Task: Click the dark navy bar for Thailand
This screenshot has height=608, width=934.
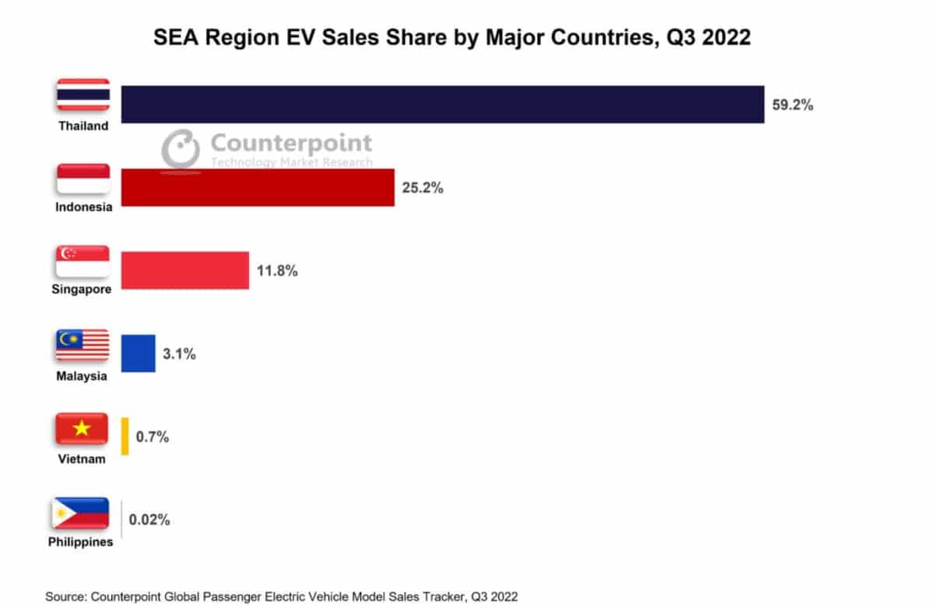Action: coord(442,104)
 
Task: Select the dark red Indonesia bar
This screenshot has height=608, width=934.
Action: coord(258,187)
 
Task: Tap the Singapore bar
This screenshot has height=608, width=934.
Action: coord(185,271)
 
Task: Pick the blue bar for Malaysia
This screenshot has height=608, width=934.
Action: coord(139,354)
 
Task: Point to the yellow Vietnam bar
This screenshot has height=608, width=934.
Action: coord(125,436)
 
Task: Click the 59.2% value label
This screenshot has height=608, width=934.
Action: coord(792,105)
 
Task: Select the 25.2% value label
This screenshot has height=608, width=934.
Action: coord(423,187)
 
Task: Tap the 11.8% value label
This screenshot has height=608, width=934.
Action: coord(277,271)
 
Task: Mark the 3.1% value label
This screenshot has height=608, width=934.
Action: coord(179,355)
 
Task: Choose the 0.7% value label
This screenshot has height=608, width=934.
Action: coord(153,437)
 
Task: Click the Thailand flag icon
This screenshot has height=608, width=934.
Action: coord(83,97)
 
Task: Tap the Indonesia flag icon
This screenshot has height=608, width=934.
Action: coord(83,180)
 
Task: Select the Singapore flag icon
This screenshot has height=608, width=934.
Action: coord(83,263)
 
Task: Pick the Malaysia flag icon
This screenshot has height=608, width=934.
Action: coord(83,346)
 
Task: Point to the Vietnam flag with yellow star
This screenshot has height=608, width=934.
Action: coord(83,429)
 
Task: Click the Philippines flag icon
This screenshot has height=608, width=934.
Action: coord(81,513)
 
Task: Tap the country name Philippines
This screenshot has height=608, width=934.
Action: coord(80,542)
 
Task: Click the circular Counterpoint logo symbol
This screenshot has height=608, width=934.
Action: coord(181,148)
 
